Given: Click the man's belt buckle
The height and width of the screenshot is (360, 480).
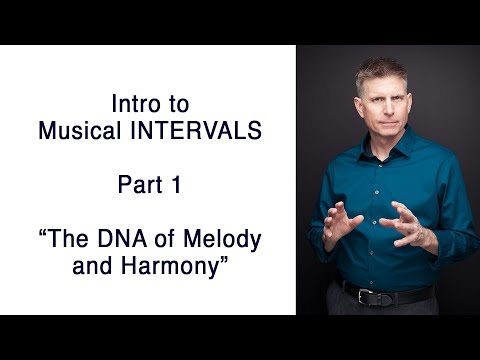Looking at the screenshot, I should pos(381,296).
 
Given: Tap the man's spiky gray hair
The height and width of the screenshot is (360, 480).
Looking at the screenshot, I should pos(381,66).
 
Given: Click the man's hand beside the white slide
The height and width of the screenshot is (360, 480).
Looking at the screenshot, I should pos(336,222).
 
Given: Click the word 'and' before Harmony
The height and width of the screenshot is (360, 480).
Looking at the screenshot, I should pos(93,265).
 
